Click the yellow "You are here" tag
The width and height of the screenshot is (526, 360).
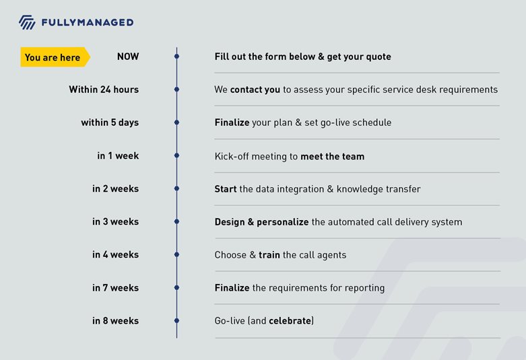coord(55,57)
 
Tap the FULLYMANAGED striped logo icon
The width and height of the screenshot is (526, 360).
coord(27,22)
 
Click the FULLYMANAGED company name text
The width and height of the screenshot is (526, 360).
coord(88,22)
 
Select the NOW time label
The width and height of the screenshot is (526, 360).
coord(128,57)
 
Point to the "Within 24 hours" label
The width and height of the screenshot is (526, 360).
coord(104,89)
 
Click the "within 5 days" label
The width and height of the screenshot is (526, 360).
coord(110,122)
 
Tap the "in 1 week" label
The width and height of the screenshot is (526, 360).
coord(118,155)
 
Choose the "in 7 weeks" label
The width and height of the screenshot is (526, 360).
coord(116,288)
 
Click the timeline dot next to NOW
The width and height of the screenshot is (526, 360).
coord(176,57)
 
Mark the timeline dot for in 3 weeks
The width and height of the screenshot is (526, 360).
coord(176,221)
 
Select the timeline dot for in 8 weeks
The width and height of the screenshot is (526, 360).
coord(176,321)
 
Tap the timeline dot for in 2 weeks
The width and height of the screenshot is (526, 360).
coord(176,188)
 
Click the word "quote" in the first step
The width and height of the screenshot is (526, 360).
coord(379,57)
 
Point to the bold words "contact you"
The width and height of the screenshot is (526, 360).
coord(255,89)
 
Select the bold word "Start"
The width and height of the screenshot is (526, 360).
coord(226,189)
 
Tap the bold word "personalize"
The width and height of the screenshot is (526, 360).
coord(283,222)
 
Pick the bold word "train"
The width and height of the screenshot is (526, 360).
coord(269,255)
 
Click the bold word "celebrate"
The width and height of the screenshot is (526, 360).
coord(290,321)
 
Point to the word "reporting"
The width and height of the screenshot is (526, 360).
coord(364,288)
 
